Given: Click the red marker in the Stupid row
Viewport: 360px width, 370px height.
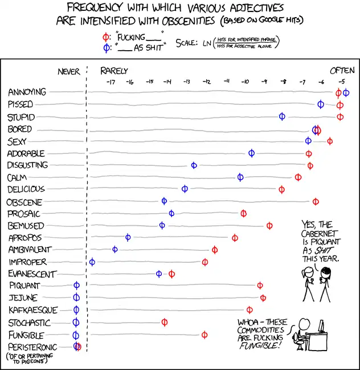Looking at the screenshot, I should tap(340, 117).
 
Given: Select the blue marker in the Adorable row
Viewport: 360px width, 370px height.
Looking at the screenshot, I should tap(251, 153).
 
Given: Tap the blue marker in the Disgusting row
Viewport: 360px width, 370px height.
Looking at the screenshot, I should tap(194, 165).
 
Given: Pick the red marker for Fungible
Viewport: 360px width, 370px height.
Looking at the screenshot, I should tap(204, 335).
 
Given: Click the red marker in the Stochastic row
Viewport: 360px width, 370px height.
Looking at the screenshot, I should tap(165, 322).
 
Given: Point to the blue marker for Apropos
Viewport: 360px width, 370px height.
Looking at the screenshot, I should tap(128, 237).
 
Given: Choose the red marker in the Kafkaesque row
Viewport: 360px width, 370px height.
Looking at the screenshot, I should tap(249, 310).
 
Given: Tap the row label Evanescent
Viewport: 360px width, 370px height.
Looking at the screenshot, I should tap(31, 274).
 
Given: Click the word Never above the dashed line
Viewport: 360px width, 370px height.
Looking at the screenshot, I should tap(69, 72).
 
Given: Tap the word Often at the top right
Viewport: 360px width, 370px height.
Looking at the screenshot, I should tap(342, 71).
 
